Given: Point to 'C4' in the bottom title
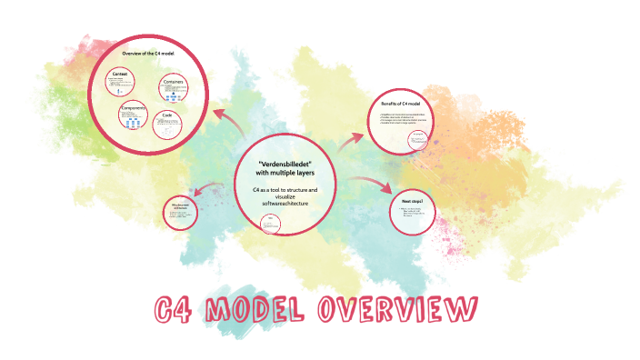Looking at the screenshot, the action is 175,312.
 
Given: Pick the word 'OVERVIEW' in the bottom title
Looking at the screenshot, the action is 394,312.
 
